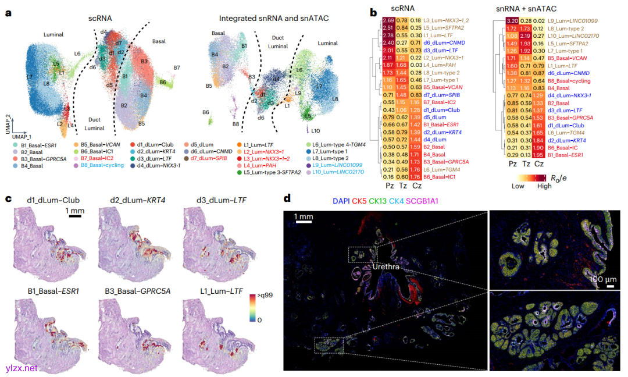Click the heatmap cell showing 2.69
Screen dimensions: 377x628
[389, 22]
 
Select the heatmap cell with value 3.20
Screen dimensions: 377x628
[512, 22]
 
